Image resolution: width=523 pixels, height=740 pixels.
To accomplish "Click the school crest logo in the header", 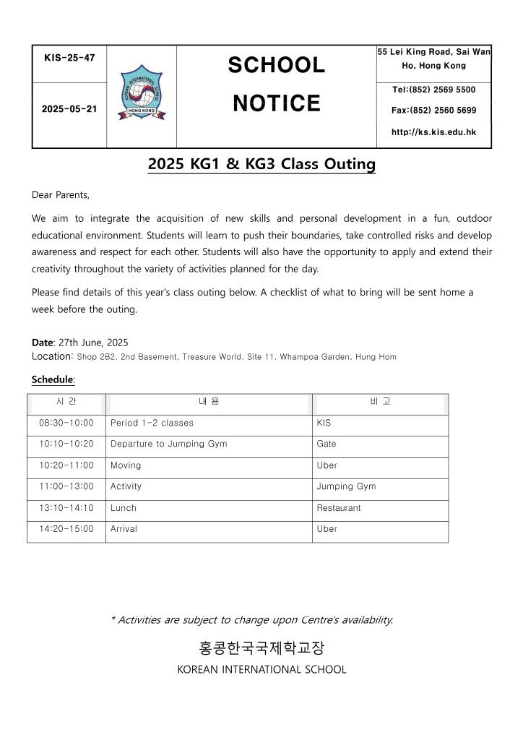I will point(142,92).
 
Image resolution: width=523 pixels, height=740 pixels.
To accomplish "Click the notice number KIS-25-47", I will point(69,57).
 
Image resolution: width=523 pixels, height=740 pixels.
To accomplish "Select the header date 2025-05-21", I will point(69,108).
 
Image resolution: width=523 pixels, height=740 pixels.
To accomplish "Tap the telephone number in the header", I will point(433,90).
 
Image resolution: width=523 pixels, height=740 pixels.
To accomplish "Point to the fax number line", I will point(433,111).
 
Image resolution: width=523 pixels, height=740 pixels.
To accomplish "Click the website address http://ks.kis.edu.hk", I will point(433,132).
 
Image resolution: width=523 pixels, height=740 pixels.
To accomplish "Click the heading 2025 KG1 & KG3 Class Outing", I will point(261,164).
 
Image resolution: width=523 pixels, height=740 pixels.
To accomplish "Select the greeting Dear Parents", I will point(61,194).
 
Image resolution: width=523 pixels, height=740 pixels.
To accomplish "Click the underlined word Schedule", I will point(53,379).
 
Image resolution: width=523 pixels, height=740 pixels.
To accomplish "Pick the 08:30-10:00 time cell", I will point(66,423).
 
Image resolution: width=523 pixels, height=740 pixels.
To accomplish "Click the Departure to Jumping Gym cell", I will point(168,444).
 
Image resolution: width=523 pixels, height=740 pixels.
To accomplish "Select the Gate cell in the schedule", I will point(327,444).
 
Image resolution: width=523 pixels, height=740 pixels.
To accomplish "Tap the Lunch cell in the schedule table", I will point(124,508).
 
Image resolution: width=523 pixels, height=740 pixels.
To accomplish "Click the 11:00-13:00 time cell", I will point(66,486).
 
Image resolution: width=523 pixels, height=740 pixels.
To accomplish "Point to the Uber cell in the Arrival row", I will point(327,529).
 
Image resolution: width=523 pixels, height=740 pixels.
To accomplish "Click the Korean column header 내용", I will point(209,401).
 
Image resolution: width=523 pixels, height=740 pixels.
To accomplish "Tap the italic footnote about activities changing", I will point(252,619).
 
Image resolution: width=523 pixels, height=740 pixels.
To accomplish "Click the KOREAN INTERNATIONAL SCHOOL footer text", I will point(261,669).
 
